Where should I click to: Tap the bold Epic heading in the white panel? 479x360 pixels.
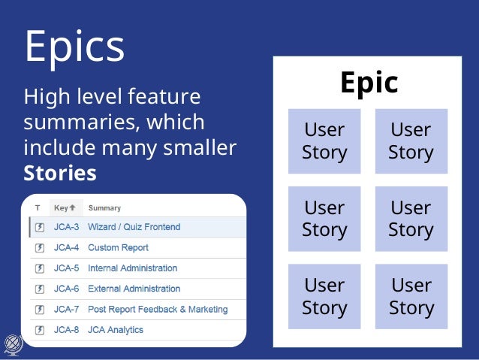369,82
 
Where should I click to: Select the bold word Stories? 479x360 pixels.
60,173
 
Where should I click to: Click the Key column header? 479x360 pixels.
64,208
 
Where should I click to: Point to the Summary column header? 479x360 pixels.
104,208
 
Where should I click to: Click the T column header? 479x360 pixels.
38,208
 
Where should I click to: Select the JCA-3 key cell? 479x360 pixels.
66,227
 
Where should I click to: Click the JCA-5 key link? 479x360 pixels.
66,268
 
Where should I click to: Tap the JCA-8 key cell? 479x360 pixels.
66,330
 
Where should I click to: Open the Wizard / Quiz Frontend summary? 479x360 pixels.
134,227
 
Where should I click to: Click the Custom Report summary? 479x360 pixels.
118,247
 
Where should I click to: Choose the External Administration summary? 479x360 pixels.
134,289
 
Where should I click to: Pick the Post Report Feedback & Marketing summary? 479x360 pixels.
157,309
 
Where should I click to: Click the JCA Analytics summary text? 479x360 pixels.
115,330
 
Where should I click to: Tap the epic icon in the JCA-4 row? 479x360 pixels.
39,247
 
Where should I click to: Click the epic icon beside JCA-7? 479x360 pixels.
39,309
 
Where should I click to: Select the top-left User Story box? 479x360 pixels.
324,141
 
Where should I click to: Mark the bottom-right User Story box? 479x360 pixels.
411,296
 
